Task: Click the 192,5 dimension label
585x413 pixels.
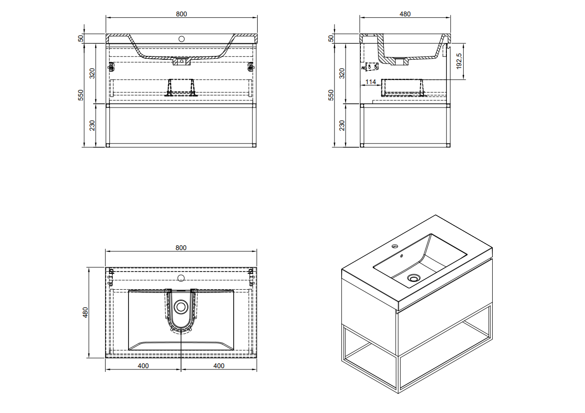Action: [x=459, y=62]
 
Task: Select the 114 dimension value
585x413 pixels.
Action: [x=370, y=82]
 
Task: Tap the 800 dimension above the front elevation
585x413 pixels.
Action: [x=181, y=14]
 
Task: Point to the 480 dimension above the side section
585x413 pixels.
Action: [x=405, y=14]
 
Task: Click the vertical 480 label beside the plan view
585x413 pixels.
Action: [x=86, y=313]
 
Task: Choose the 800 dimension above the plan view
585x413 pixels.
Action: [x=181, y=248]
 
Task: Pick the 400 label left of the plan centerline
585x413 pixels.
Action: [x=143, y=366]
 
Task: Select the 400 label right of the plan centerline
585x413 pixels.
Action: [x=218, y=366]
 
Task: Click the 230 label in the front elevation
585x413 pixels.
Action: [x=92, y=125]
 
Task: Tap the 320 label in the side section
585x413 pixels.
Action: [x=341, y=73]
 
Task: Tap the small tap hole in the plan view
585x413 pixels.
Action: [x=181, y=278]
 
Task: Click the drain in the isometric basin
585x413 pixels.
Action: [x=413, y=278]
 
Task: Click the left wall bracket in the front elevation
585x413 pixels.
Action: [x=111, y=67]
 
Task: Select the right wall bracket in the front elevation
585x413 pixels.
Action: [x=250, y=67]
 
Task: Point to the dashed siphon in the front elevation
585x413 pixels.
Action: [x=181, y=87]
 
